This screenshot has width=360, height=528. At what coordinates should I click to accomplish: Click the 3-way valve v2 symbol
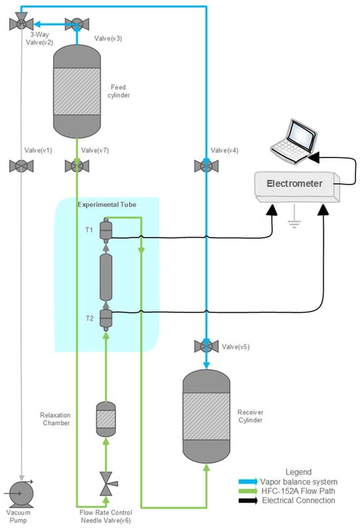[x=21, y=22]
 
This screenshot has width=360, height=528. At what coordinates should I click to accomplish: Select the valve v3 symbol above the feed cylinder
[x=77, y=24]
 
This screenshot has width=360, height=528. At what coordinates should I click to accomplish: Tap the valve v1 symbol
[x=21, y=166]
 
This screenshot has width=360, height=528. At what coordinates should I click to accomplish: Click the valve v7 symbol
[x=77, y=166]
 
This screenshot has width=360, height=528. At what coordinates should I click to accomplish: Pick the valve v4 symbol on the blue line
[x=206, y=166]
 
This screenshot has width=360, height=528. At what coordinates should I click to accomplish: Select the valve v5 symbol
[x=206, y=346]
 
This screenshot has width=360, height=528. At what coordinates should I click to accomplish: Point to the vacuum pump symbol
[x=20, y=494]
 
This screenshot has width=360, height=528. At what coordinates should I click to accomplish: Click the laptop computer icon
[x=294, y=141]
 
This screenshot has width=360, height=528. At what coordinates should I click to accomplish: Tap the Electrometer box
[x=297, y=187]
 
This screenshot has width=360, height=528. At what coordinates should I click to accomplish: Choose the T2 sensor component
[x=106, y=319]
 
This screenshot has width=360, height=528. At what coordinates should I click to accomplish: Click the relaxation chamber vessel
[x=106, y=419]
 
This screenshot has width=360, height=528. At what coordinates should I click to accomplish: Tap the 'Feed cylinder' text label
[x=118, y=91]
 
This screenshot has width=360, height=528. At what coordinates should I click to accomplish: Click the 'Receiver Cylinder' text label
[x=250, y=416]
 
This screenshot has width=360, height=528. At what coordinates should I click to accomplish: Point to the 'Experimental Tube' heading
[x=107, y=204]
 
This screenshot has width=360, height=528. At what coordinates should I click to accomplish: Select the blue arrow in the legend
[x=248, y=482]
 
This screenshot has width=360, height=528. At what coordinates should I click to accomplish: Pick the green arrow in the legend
[x=248, y=491]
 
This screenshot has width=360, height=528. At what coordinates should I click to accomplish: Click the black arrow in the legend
[x=248, y=501]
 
